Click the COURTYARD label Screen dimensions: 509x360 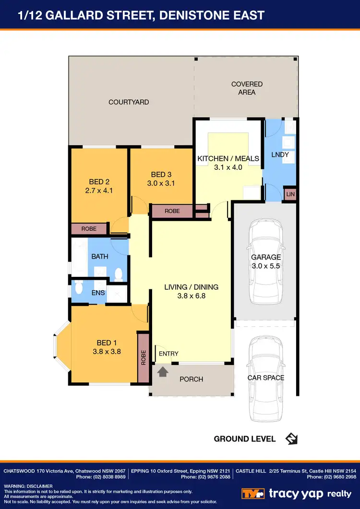(x=129, y=102)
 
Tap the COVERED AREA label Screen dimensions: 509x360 (x=247, y=88)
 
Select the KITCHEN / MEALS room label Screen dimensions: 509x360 (x=228, y=159)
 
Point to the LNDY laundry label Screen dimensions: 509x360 (x=280, y=155)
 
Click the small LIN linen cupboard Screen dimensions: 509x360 (x=290, y=194)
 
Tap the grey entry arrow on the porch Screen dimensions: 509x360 (x=163, y=372)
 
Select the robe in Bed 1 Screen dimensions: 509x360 (x=143, y=358)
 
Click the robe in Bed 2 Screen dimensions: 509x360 (x=89, y=229)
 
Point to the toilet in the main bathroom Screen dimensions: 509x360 (x=119, y=274)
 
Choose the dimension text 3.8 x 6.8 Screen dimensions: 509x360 (x=191, y=296)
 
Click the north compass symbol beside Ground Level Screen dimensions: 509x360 (x=291, y=438)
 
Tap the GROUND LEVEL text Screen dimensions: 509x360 (x=245, y=439)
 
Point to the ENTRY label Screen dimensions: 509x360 (x=168, y=354)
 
